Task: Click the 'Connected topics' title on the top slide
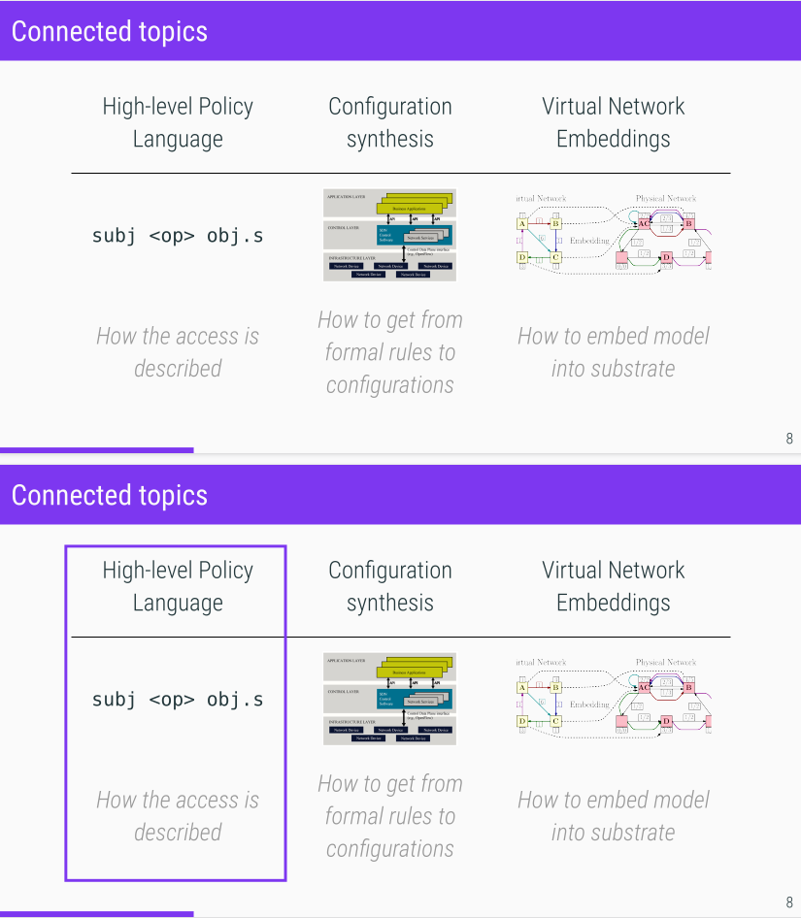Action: (x=110, y=31)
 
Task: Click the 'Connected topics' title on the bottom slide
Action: (x=110, y=495)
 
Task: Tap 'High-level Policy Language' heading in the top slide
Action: (x=178, y=122)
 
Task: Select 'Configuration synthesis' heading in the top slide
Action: (x=390, y=122)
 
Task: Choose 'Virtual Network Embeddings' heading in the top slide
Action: (x=614, y=122)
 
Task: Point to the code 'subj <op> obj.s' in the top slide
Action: (x=178, y=235)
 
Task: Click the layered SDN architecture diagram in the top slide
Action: (x=389, y=235)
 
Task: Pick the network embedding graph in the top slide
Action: (x=614, y=234)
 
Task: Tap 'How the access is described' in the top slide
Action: (x=178, y=352)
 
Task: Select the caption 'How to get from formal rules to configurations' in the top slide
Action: (x=390, y=352)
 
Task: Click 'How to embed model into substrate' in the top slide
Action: (x=614, y=352)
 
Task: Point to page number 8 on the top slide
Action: (x=789, y=439)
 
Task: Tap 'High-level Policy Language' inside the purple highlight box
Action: (x=178, y=586)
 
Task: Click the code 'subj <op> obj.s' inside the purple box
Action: (x=178, y=699)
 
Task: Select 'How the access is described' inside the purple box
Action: (x=178, y=816)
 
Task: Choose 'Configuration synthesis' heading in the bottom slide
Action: (x=390, y=586)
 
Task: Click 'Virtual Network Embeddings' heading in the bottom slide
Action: (x=614, y=586)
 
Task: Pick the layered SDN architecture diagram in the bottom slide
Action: (x=389, y=699)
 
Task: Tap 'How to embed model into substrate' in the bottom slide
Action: (x=614, y=816)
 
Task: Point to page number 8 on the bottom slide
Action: (x=789, y=902)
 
